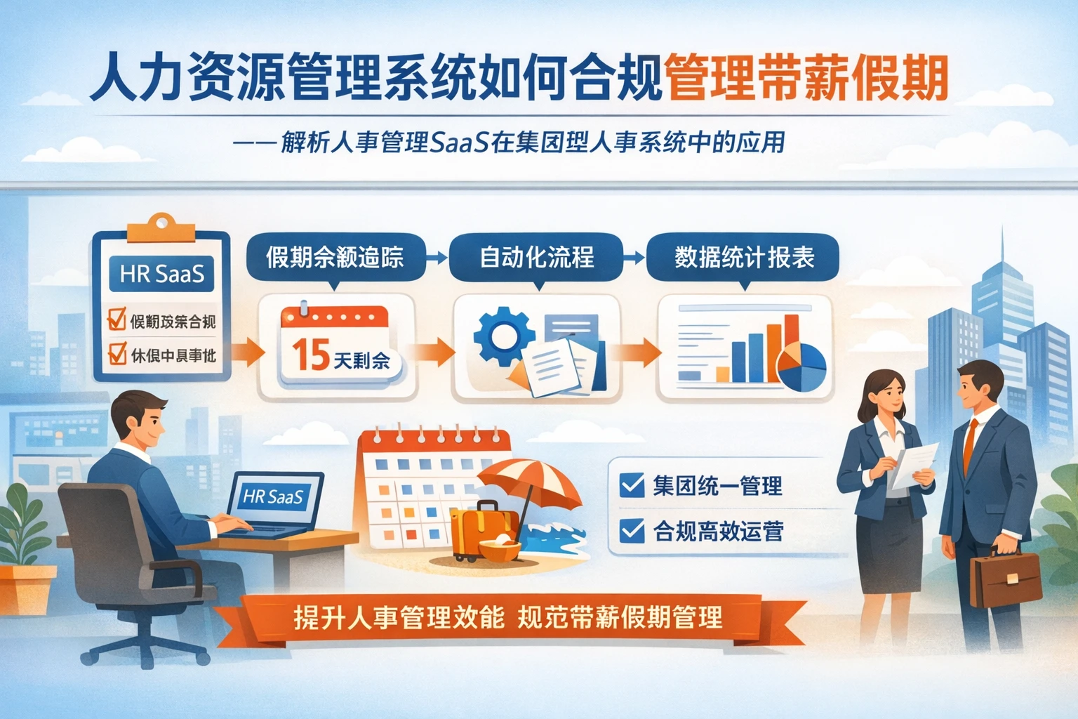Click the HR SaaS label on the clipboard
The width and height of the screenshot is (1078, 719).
coord(161,273)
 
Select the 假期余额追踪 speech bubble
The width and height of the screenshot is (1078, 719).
coord(335,258)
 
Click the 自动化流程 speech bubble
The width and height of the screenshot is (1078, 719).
coord(536,258)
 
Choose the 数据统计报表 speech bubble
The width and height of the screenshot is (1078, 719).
coord(744,258)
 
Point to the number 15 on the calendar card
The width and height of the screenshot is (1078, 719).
coord(310,355)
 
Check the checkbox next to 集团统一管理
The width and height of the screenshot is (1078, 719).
coord(632,484)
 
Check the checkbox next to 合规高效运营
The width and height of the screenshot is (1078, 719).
coord(632,530)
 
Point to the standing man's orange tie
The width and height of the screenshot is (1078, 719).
coord(971,446)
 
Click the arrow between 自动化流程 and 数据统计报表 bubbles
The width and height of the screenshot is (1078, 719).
coord(634,258)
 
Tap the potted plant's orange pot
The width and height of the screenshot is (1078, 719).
coord(27,590)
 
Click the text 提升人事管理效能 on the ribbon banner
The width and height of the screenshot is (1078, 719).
coord(398,618)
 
